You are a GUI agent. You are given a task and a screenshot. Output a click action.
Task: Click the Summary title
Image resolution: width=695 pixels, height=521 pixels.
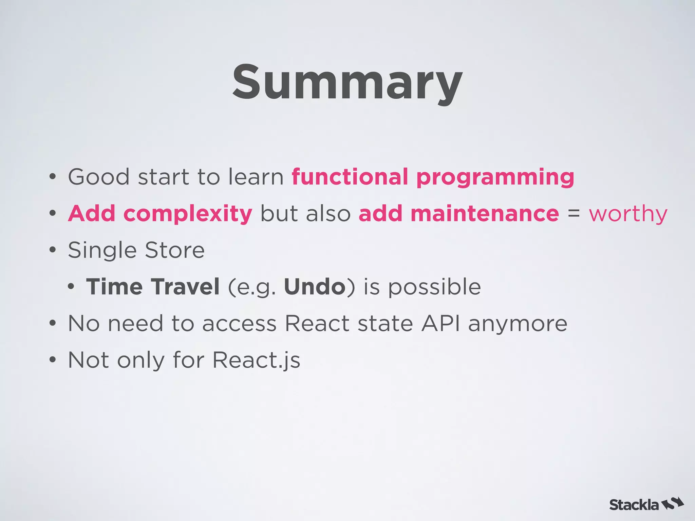347,83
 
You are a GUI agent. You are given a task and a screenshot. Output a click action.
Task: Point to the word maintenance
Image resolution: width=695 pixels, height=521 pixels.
485,214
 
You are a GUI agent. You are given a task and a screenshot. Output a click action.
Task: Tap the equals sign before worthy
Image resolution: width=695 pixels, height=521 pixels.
574,214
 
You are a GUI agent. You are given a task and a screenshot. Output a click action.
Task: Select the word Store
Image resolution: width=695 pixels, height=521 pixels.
175,250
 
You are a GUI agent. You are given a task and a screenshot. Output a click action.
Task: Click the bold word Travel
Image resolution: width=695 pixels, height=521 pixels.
185,287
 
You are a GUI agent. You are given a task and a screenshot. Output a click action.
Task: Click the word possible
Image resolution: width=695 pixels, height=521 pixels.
434,287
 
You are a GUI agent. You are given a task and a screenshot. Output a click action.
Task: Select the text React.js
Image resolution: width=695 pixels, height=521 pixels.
256,360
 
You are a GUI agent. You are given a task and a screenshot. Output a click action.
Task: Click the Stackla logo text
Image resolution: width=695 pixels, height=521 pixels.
634,505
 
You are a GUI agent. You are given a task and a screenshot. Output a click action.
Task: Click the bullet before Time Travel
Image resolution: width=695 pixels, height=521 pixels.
71,287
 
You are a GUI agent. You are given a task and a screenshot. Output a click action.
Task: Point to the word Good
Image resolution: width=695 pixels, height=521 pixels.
99,177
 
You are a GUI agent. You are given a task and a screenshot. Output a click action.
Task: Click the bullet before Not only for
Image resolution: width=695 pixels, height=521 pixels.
52,360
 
